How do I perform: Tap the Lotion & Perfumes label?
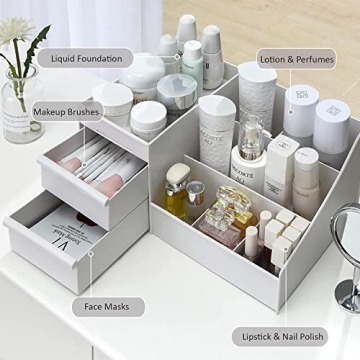pos(298,60)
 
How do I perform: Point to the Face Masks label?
pos(108,307)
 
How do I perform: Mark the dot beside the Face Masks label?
pos(91,262)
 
